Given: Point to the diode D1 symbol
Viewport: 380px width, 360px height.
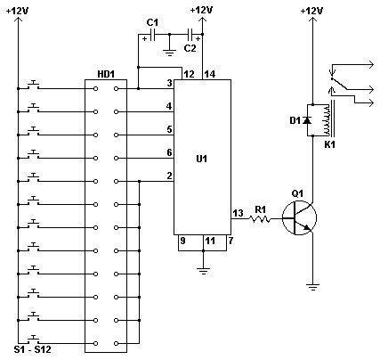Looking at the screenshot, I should pyautogui.click(x=308, y=119).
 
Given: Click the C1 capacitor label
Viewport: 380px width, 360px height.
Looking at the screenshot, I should pyautogui.click(x=152, y=21).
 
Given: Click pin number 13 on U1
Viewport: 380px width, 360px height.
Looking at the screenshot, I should pyautogui.click(x=238, y=212).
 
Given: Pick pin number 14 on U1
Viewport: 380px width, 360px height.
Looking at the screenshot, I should pyautogui.click(x=210, y=74).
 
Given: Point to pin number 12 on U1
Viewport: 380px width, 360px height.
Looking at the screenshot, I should pyautogui.click(x=189, y=74).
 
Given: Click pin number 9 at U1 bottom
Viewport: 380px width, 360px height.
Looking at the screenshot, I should pyautogui.click(x=182, y=240).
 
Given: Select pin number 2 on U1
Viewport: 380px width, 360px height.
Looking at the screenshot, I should pyautogui.click(x=168, y=176).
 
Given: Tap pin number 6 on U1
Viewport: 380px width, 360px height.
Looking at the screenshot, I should pyautogui.click(x=168, y=152).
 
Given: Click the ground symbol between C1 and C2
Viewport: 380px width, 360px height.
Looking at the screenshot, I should pyautogui.click(x=169, y=53).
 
